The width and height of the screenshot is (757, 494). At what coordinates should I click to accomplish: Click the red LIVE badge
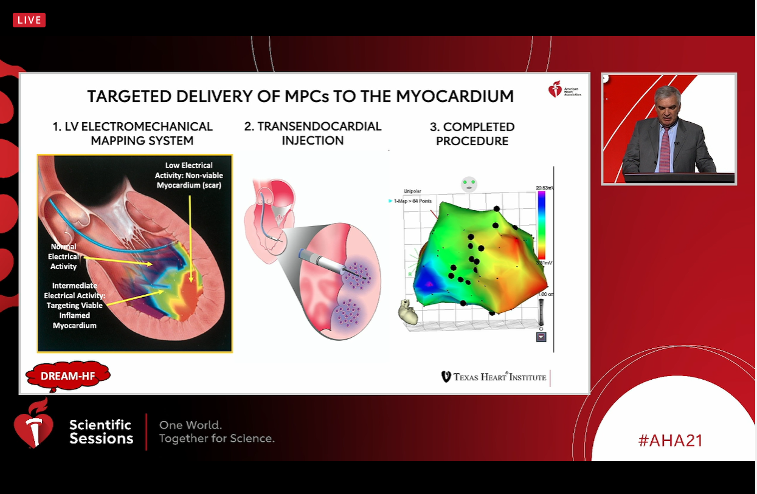point(29,20)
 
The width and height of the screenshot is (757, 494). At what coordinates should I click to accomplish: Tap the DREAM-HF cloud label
point(67,376)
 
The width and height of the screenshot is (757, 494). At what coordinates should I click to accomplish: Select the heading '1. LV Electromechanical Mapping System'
point(133,134)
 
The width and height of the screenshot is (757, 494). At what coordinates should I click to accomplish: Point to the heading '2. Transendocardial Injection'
point(313,133)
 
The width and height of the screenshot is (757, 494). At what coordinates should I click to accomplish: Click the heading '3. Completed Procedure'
point(472,134)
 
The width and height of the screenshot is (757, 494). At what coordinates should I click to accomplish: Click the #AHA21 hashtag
point(670,441)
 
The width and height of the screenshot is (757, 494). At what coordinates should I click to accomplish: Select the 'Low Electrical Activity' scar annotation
point(188,175)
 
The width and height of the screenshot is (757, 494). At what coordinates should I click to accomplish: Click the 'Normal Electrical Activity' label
point(64,256)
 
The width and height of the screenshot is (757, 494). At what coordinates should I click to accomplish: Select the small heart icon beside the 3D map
point(407,312)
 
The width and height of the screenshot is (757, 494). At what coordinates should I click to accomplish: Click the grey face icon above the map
point(468,184)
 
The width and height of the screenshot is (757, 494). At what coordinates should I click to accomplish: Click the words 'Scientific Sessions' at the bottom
point(101,431)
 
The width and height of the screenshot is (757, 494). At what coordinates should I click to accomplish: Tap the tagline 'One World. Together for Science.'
point(216,431)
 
